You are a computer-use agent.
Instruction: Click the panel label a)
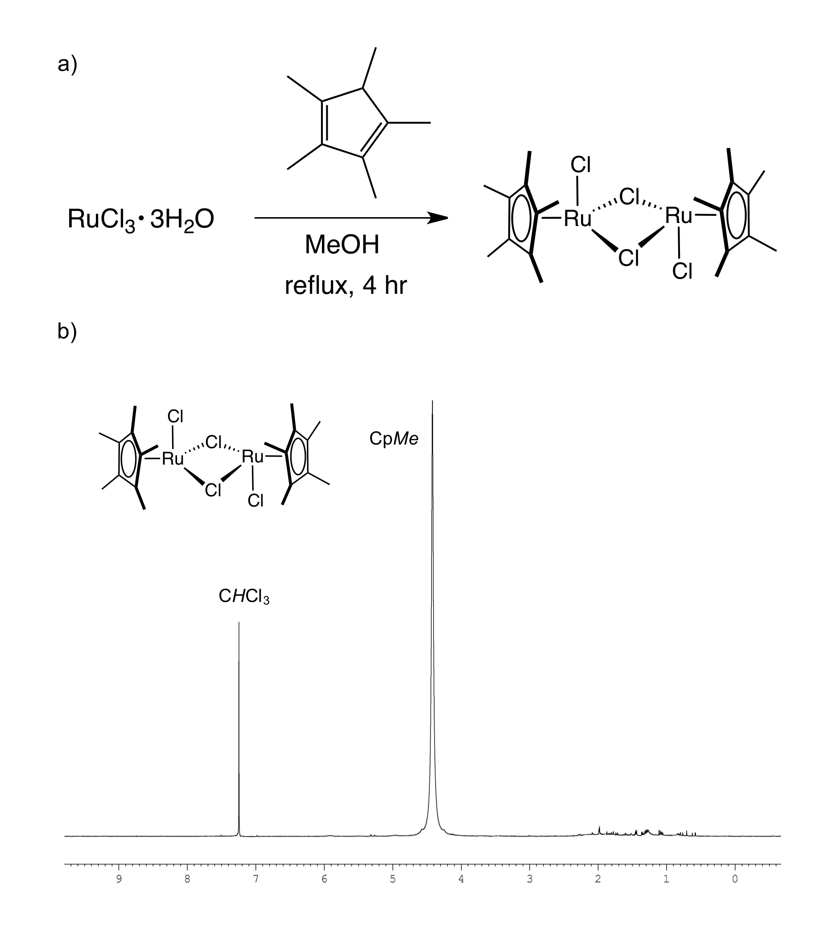(x=67, y=64)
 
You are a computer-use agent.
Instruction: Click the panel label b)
(x=67, y=331)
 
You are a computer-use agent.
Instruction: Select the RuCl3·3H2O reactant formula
(x=141, y=219)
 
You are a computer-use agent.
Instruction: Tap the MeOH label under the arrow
(x=342, y=245)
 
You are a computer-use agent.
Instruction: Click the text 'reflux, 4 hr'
(x=346, y=285)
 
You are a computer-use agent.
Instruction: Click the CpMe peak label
(x=394, y=439)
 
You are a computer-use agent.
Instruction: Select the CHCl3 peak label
(x=244, y=596)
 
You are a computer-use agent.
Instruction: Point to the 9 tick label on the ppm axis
(x=119, y=879)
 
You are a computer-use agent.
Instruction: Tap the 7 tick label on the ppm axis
(x=256, y=879)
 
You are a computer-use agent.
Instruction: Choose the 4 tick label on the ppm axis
(x=461, y=879)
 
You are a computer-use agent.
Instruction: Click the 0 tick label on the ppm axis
(x=735, y=879)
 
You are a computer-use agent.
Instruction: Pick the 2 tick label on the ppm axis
(x=598, y=879)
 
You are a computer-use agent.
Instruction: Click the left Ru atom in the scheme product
(x=577, y=219)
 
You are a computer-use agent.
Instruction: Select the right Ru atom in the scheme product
(x=678, y=215)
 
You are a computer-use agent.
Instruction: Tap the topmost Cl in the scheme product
(x=580, y=165)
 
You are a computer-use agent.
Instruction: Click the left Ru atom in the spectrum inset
(x=173, y=459)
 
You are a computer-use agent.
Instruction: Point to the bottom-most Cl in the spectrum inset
(x=255, y=501)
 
